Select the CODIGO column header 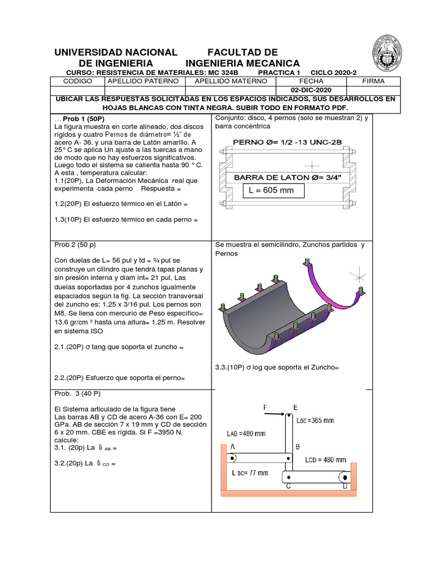point(77,81)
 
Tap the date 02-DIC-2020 point(311,90)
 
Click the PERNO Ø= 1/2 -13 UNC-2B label point(288,142)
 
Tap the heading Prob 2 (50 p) point(75,244)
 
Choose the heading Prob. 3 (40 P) point(78,394)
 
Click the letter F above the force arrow point(264,408)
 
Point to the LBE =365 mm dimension point(315,420)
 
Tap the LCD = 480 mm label point(326,459)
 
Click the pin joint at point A point(232,458)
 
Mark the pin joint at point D point(345,476)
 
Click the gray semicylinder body point(259,330)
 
